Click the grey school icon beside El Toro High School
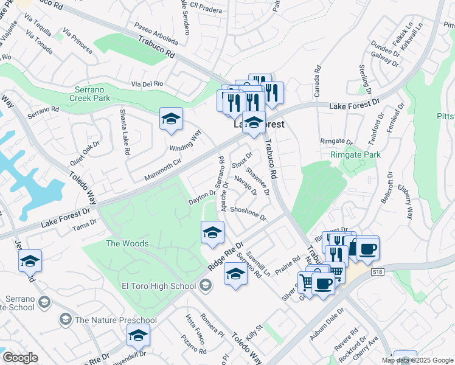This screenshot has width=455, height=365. (x=206, y=285)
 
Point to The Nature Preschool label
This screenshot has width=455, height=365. (x=116, y=320)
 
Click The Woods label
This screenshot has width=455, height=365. (x=127, y=243)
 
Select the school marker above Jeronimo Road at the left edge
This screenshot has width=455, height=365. (x=30, y=261)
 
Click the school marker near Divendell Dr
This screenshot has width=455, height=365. (x=138, y=335)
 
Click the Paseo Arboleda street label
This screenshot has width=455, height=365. (x=156, y=38)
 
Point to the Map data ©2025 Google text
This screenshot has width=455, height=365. (x=417, y=360)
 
